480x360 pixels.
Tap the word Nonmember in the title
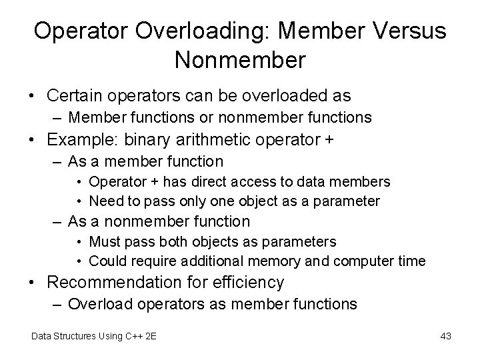click(x=240, y=60)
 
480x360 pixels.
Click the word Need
click(x=105, y=201)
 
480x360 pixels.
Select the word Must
click(x=105, y=241)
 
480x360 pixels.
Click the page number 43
click(x=446, y=336)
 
